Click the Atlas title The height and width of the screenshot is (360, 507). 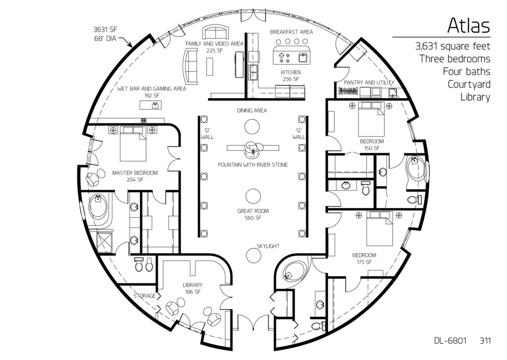pos(469,25)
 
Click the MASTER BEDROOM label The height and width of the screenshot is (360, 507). pos(135,173)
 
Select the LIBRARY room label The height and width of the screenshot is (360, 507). pos(193,285)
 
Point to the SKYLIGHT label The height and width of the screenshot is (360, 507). pos(268,246)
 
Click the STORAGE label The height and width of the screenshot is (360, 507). pos(145,296)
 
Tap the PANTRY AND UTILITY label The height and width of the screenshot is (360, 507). pos(369,82)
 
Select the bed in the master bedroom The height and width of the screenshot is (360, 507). pos(133,144)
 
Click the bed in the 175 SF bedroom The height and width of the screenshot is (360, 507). pos(379,229)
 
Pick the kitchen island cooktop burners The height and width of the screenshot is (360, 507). pos(284,58)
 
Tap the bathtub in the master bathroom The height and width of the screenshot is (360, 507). pos(98,207)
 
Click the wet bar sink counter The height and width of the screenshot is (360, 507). pos(151,105)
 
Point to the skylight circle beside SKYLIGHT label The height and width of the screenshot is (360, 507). pos(253,255)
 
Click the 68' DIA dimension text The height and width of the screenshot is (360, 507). pos(105,38)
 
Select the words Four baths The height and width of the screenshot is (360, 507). pos(467,72)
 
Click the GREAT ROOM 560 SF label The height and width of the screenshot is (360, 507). pos(253,214)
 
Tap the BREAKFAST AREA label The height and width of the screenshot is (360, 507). pos(292,32)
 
